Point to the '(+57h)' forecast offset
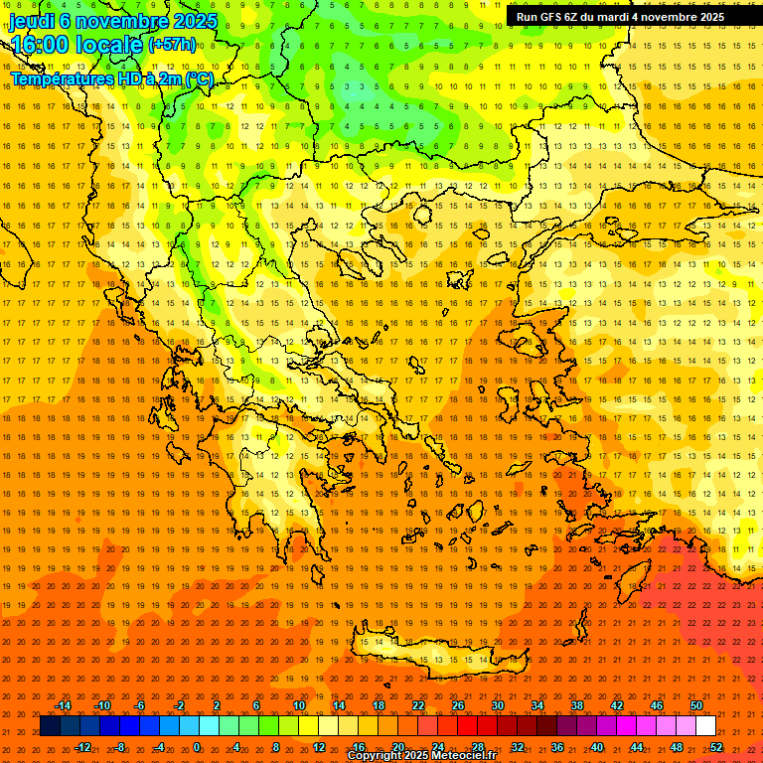pyautogui.click(x=172, y=45)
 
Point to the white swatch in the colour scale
pyautogui.click(x=705, y=726)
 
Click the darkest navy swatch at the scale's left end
pyautogui.click(x=50, y=726)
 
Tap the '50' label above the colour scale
pyautogui.click(x=695, y=705)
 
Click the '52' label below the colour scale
pyautogui.click(x=716, y=747)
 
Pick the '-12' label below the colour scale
pyautogui.click(x=82, y=747)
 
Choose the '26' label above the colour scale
pyautogui.click(x=458, y=705)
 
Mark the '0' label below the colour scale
pyautogui.click(x=197, y=747)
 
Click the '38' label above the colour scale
pyautogui.click(x=577, y=705)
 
